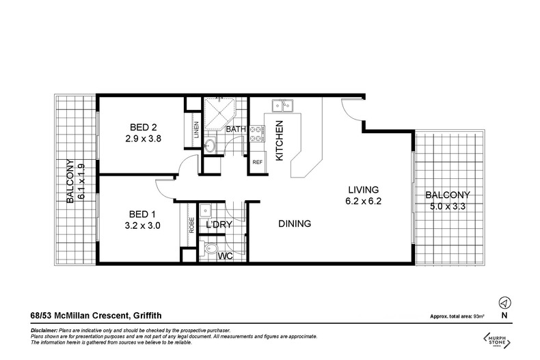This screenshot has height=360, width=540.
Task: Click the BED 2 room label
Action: [144, 127]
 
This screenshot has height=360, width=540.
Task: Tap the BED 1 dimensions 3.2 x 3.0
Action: [143, 226]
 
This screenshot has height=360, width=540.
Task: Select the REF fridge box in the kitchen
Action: [258, 162]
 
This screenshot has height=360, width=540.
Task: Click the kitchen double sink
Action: [283, 105]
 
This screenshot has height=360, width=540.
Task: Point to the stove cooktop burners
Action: [256, 134]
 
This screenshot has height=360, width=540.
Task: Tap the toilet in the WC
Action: [210, 249]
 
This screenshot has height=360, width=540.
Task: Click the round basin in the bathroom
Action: [210, 146]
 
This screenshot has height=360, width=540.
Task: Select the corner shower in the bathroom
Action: [219, 114]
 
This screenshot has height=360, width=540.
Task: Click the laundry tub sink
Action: [206, 210]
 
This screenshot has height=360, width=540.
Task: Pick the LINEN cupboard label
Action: [196, 130]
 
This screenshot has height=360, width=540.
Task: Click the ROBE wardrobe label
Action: [192, 225]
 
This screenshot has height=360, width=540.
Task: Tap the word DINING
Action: [295, 223]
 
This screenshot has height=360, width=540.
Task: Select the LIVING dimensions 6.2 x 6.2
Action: [364, 202]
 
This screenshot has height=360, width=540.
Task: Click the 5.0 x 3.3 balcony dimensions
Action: [448, 206]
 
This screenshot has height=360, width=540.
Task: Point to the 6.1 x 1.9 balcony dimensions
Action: [81, 182]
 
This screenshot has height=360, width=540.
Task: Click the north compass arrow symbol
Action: [505, 303]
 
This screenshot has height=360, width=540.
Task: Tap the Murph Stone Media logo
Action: [497, 341]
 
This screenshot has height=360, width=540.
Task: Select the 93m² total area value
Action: [479, 316]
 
